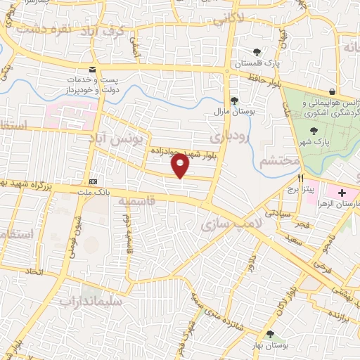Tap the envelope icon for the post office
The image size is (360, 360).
92,69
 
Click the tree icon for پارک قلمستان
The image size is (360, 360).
257,51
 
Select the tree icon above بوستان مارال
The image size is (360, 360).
233,101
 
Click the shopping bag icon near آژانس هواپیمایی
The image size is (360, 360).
332,91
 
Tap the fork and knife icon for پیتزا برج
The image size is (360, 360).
300,179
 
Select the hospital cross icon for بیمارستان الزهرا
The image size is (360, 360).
342,193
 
